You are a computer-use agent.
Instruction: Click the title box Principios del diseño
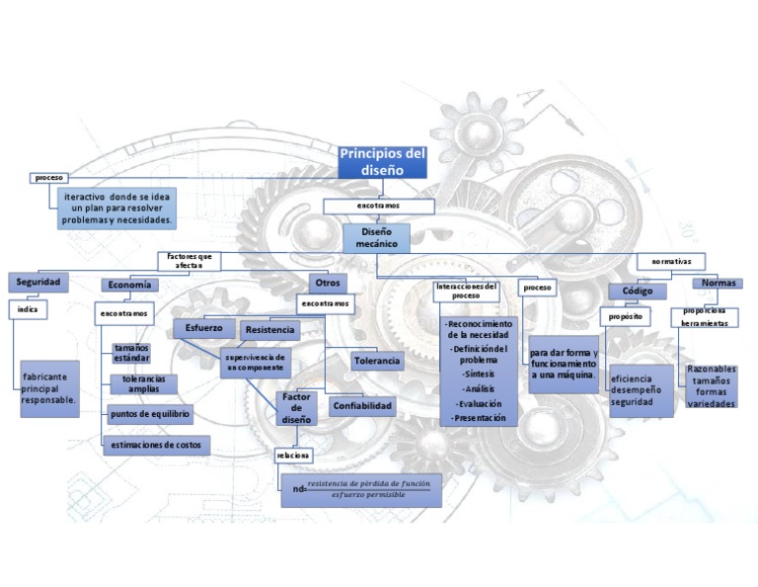[x=382, y=161]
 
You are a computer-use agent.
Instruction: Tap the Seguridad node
[x=38, y=283]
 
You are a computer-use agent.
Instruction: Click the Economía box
[x=129, y=285]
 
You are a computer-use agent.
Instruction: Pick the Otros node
[x=326, y=283]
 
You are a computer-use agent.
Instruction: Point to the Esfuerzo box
[x=204, y=327]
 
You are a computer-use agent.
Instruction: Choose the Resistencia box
[x=269, y=329]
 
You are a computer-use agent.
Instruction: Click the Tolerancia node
[x=377, y=362]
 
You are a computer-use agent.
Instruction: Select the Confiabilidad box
[x=362, y=406]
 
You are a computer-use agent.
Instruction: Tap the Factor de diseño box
[x=296, y=408]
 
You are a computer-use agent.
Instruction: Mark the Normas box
[x=717, y=283]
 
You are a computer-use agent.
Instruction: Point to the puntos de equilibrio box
[x=150, y=414]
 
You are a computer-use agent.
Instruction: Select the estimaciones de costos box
[x=156, y=446]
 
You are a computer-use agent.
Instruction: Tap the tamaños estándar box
[x=131, y=354]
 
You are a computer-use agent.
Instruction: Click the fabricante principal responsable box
[x=48, y=388]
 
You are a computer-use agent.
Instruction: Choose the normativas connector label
[x=677, y=261]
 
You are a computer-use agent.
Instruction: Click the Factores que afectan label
[x=189, y=261]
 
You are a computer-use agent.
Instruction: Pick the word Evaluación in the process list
[x=479, y=403]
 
